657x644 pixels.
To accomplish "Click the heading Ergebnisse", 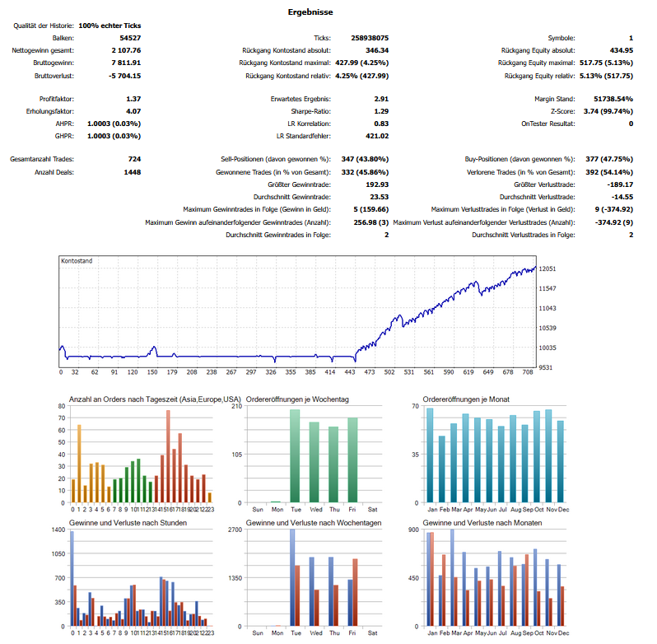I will (x=311, y=12).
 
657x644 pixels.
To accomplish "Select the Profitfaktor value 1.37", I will (x=133, y=99).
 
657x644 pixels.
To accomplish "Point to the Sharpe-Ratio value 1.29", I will (x=381, y=111).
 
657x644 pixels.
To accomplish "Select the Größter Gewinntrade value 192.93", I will (x=376, y=184).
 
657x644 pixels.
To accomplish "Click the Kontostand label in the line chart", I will (x=77, y=260).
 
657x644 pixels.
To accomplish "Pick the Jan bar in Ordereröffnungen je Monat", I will (x=430, y=455).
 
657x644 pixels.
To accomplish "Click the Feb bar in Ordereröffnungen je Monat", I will (x=441, y=469).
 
